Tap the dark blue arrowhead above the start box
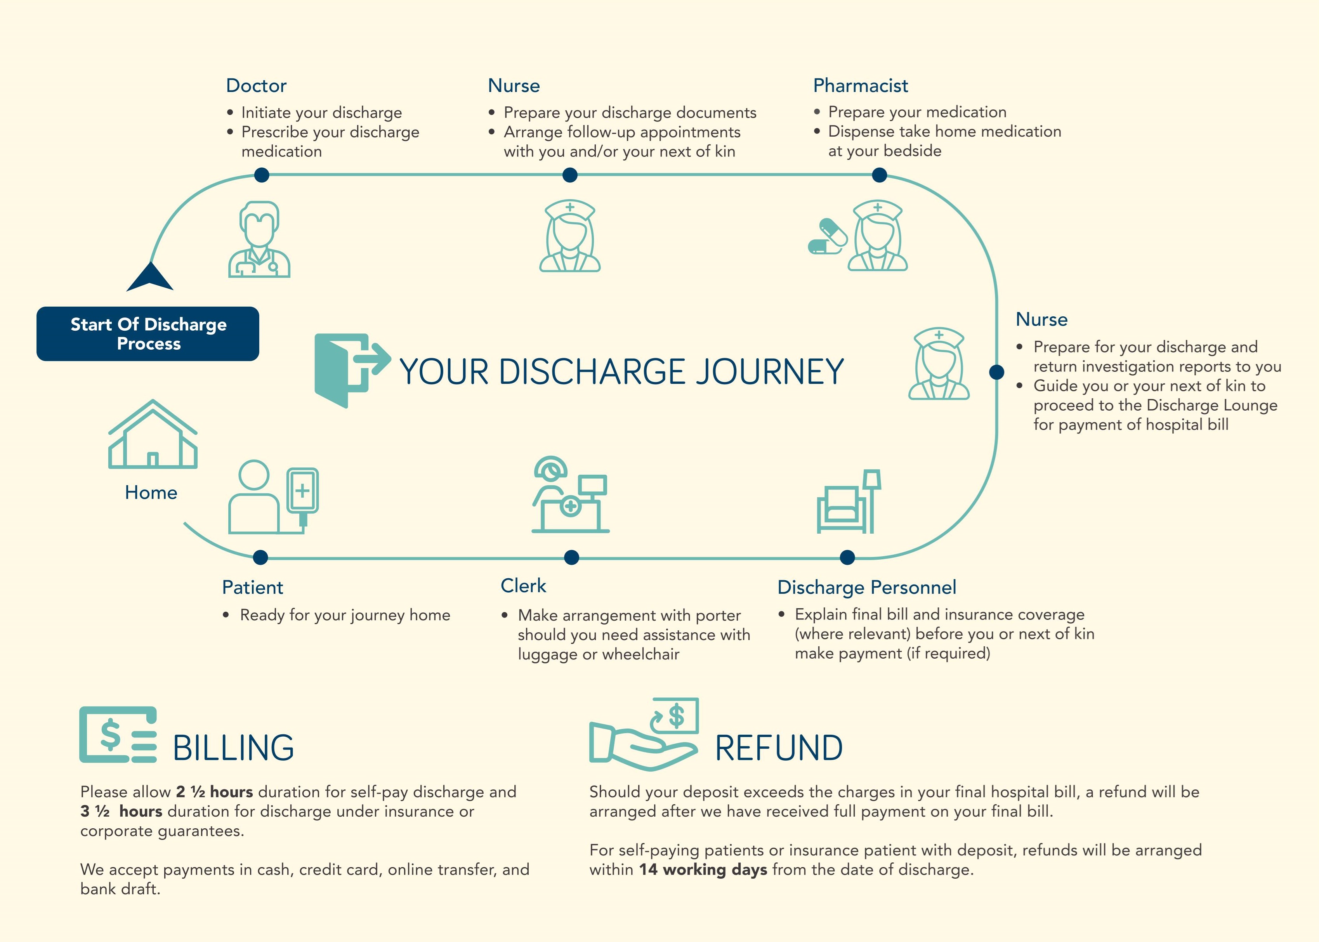pos(150,277)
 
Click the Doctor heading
pos(256,86)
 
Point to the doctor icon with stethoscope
pos(259,239)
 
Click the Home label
pos(151,493)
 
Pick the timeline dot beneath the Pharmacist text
pos(879,175)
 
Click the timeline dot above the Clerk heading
pos(571,557)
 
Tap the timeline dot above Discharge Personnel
pos(847,557)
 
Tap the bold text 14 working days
pos(703,869)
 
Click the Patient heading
pos(252,588)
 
